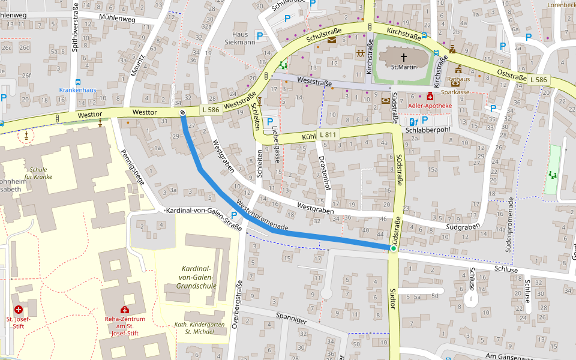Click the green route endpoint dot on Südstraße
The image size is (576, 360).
tap(393, 248)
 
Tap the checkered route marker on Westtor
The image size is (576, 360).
tap(182, 112)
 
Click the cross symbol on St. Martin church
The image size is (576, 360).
tap(404, 58)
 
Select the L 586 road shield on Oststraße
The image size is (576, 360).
tap(538, 79)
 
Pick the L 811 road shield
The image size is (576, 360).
tap(328, 134)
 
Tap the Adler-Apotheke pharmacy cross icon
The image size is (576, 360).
tap(430, 96)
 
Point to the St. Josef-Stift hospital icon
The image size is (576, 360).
tap(19, 310)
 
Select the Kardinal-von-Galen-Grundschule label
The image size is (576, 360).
tap(196, 277)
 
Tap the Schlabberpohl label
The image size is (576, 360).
tap(428, 130)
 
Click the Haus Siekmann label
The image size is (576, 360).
tap(240, 38)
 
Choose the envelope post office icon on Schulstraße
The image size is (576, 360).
tap(332, 40)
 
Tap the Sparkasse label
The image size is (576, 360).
tap(455, 92)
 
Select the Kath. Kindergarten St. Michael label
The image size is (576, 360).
tap(199, 328)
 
